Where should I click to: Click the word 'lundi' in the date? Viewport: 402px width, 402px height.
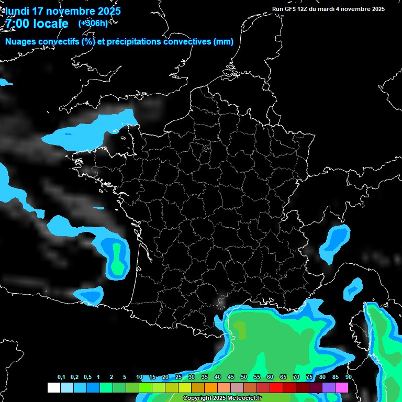[x=18, y=11]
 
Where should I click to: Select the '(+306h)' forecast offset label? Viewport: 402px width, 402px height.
[x=93, y=23]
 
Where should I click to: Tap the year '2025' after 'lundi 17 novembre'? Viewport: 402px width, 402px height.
[x=107, y=11]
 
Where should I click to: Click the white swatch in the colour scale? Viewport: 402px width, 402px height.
[x=53, y=388]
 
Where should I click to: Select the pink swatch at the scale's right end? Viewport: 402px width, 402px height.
[x=342, y=388]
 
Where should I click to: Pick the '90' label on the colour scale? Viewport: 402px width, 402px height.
[x=348, y=377]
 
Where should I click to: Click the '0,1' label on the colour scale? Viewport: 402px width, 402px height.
[x=61, y=377]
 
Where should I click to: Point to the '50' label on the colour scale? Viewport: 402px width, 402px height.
[x=244, y=377]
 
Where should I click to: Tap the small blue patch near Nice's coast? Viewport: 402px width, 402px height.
[x=354, y=287]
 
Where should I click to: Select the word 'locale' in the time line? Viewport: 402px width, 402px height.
[x=50, y=24]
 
